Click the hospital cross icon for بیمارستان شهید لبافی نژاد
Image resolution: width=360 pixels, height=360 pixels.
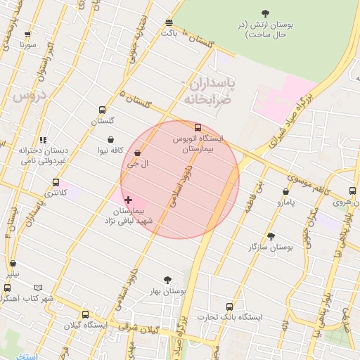128,200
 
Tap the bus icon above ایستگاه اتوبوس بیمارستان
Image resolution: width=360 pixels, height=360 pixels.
198,128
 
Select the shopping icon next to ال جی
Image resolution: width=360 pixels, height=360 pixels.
137,153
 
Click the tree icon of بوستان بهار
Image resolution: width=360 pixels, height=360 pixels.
167,280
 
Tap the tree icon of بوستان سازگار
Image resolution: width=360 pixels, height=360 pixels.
271,237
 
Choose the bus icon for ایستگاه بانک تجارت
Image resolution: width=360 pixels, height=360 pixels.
229,307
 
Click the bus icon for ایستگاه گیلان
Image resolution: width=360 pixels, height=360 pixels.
85,314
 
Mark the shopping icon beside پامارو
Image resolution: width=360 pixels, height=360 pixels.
285,191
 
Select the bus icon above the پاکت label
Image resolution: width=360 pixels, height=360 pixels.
168,22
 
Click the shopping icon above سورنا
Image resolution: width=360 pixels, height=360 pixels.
28,34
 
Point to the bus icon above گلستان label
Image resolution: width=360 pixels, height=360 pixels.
103,110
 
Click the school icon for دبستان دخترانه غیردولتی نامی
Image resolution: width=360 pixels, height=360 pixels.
43,140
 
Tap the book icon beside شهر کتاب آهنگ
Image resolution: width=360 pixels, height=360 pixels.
37,288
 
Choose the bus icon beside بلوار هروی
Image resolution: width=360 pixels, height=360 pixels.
353,191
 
